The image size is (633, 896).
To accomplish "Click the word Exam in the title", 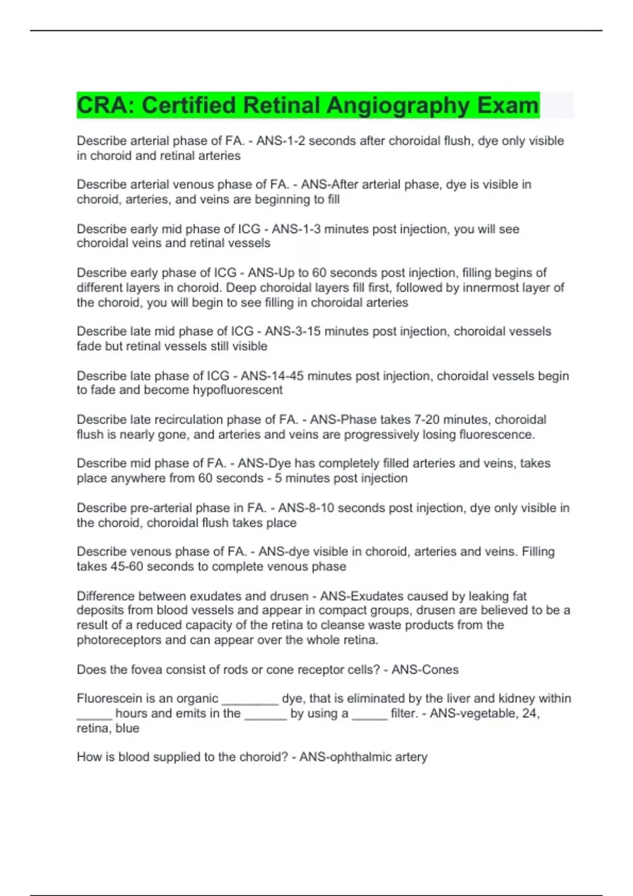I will [508, 105].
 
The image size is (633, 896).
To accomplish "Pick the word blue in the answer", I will [128, 728].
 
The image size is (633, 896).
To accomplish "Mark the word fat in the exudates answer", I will [520, 596].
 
